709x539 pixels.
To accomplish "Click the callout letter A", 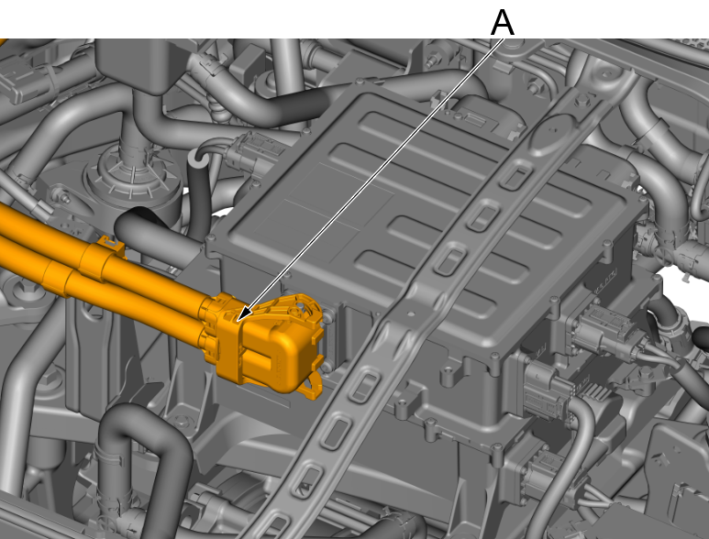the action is click(x=503, y=23).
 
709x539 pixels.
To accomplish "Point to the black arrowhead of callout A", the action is click(x=243, y=314).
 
